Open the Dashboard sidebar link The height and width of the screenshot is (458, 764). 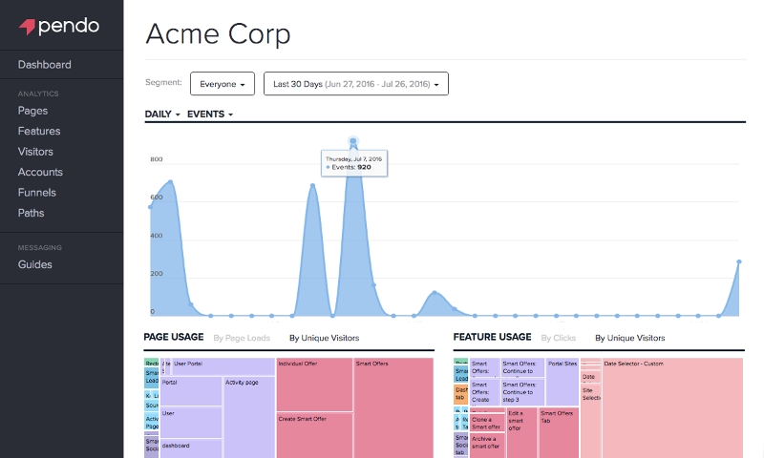pyautogui.click(x=44, y=65)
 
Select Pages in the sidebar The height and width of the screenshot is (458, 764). pyautogui.click(x=32, y=111)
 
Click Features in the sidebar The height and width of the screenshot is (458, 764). pyautogui.click(x=38, y=132)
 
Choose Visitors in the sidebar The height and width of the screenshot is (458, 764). pyautogui.click(x=35, y=152)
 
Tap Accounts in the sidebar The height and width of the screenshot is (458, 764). pyautogui.click(x=40, y=173)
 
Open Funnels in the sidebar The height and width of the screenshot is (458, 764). pyautogui.click(x=36, y=193)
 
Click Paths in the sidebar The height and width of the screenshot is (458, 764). pyautogui.click(x=31, y=213)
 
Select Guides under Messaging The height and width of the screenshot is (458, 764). pyautogui.click(x=34, y=264)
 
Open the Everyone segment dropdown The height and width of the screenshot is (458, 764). pyautogui.click(x=223, y=84)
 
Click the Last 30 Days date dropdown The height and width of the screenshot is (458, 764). pyautogui.click(x=355, y=84)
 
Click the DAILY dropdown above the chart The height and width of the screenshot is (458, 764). pyautogui.click(x=162, y=114)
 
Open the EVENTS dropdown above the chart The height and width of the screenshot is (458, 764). pyautogui.click(x=210, y=114)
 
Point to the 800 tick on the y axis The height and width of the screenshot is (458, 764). pyautogui.click(x=156, y=159)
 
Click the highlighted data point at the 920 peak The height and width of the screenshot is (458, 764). pyautogui.click(x=353, y=142)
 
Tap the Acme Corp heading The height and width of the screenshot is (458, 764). pyautogui.click(x=218, y=34)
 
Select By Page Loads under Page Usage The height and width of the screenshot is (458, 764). pyautogui.click(x=242, y=338)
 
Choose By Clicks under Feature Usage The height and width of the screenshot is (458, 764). pyautogui.click(x=559, y=338)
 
